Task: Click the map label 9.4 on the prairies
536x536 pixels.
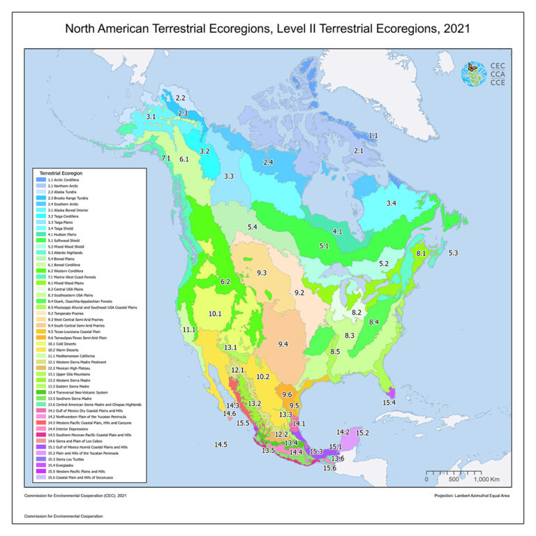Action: tap(283, 344)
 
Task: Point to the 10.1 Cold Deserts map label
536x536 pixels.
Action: tap(215, 313)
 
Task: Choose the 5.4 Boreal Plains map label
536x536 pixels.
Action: tap(253, 228)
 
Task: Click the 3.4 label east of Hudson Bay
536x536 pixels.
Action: tap(392, 203)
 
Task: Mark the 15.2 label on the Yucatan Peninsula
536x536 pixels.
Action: tap(362, 433)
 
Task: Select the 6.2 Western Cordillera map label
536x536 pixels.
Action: tap(225, 281)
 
